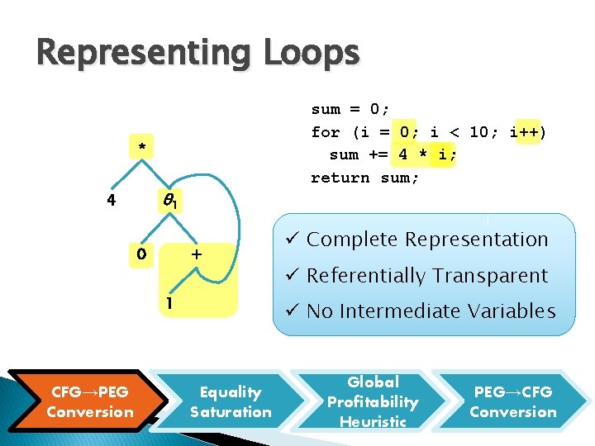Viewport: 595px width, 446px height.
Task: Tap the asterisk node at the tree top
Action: pyautogui.click(x=142, y=148)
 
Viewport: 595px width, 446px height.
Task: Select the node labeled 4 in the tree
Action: pyautogui.click(x=110, y=199)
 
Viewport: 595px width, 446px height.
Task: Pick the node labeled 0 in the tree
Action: pyautogui.click(x=141, y=254)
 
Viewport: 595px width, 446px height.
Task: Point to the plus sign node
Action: pyautogui.click(x=198, y=254)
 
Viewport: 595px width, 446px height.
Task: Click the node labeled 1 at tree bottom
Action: pyautogui.click(x=169, y=304)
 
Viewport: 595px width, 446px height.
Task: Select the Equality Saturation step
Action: pyautogui.click(x=231, y=401)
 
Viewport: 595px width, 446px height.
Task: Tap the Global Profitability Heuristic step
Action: pyautogui.click(x=373, y=401)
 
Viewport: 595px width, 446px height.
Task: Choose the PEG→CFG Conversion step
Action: pyautogui.click(x=512, y=401)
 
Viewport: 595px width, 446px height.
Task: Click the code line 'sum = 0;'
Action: pyautogui.click(x=350, y=109)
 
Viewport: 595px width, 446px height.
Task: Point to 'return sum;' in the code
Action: pyautogui.click(x=364, y=178)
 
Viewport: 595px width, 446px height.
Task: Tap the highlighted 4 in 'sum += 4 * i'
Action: pyautogui.click(x=402, y=154)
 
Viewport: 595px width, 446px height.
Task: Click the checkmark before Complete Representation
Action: pyautogui.click(x=292, y=240)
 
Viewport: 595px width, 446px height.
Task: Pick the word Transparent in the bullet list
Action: pyautogui.click(x=501, y=276)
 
